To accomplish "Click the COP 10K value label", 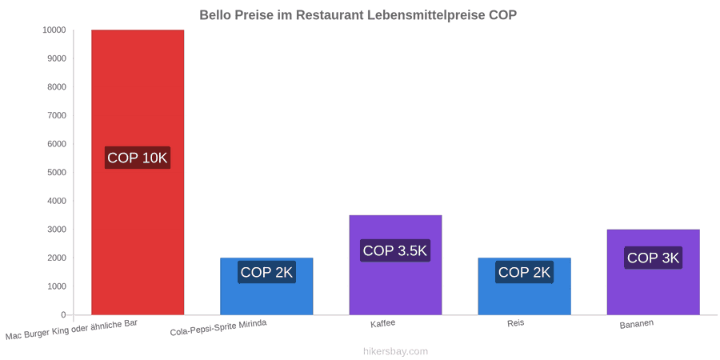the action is [x=138, y=158].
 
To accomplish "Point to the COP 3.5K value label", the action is [x=395, y=250].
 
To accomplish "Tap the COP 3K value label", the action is [x=653, y=258].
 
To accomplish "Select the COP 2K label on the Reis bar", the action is [x=524, y=272].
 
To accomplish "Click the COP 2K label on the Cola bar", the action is [x=266, y=272].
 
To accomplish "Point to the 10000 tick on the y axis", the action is [x=54, y=30].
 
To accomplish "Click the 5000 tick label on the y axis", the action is [x=57, y=173].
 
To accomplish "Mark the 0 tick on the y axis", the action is [x=64, y=315].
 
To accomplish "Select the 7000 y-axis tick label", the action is [x=57, y=116].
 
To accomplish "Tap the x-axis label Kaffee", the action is [x=383, y=323].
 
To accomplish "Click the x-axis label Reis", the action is [x=516, y=323].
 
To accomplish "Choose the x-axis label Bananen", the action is [x=637, y=324].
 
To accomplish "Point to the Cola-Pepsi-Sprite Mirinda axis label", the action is [x=218, y=328].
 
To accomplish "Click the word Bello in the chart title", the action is [x=215, y=15].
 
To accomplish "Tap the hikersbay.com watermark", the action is [x=395, y=352].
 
